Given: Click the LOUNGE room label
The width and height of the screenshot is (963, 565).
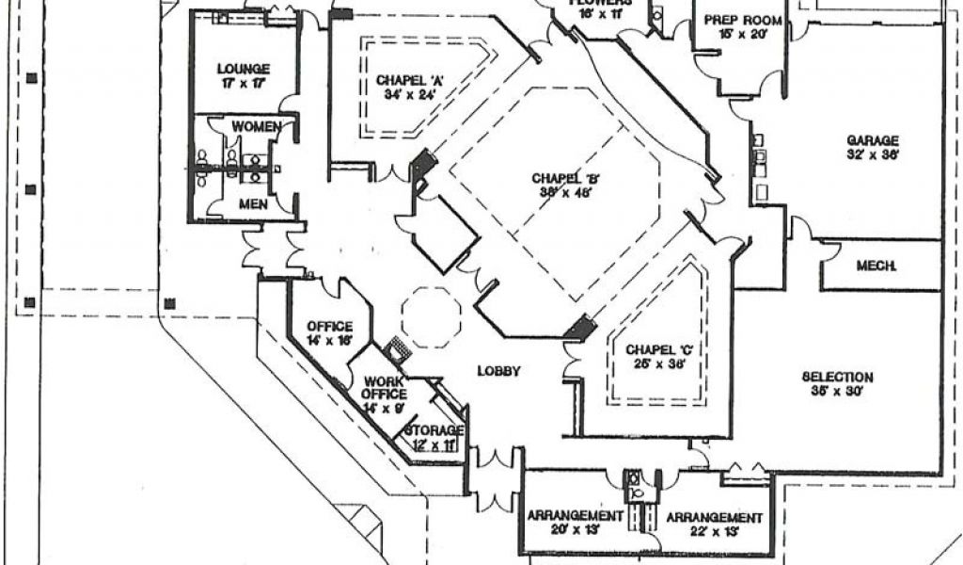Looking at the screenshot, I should (244, 69).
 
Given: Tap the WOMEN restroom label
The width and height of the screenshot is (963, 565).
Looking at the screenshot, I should (256, 126).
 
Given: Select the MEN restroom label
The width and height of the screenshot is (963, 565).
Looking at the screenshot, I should (253, 202).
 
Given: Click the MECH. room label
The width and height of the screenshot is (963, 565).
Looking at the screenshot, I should (876, 266).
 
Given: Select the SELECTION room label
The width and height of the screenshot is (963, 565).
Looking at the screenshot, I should (837, 377).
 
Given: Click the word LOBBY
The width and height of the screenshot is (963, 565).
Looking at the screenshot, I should (498, 371).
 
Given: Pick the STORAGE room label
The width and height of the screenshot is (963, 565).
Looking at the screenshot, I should (434, 429).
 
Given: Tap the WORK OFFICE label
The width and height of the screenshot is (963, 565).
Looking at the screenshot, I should (385, 387).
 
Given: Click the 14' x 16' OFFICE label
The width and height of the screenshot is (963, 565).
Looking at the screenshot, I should (330, 333).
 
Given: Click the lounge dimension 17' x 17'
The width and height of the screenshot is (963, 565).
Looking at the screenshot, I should (244, 83).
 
